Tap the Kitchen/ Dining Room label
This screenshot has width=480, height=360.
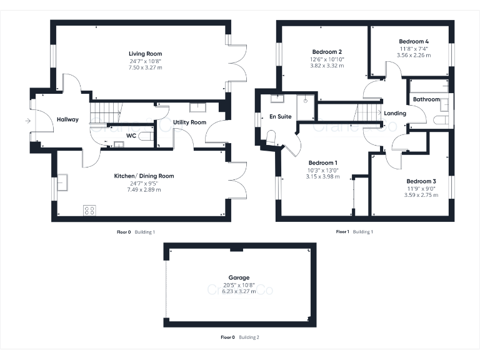click(144, 176)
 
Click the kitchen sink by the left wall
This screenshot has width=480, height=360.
click(63, 182)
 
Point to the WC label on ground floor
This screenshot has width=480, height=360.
click(131, 135)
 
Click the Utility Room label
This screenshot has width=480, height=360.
click(190, 122)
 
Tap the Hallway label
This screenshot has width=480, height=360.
click(67, 119)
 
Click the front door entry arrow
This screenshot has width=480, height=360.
click(28, 121)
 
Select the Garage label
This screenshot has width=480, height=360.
click(239, 277)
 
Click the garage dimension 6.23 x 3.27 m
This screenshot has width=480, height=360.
click(239, 291)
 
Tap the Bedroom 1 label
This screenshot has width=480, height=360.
click(322, 162)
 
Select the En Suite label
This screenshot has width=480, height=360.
click(281, 117)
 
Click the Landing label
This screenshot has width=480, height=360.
click(395, 113)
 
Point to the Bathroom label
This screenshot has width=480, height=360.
click(426, 99)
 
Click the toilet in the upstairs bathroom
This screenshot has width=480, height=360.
click(441, 119)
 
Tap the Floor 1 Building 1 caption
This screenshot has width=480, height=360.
click(354, 232)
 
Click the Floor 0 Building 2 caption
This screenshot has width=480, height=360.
click(240, 337)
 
